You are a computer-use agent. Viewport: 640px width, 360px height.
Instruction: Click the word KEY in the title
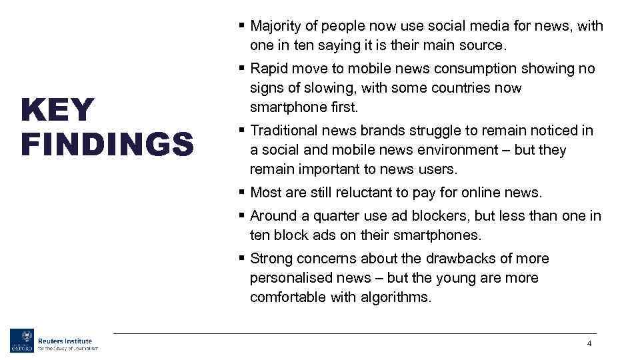[58, 110]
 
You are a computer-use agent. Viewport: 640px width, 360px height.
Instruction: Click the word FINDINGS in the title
[107, 145]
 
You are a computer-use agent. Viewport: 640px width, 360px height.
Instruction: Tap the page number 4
[589, 343]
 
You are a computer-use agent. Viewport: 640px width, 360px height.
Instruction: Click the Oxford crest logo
[21, 341]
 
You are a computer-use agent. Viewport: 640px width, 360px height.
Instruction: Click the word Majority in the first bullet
[277, 26]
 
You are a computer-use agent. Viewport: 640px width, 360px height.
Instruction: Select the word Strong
[271, 259]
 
